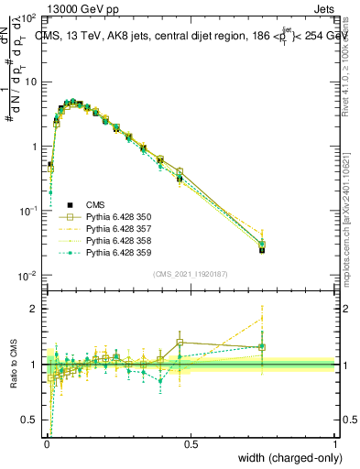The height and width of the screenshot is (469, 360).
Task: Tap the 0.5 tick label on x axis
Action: [191, 444]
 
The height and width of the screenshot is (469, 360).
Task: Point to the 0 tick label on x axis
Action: [46, 444]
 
